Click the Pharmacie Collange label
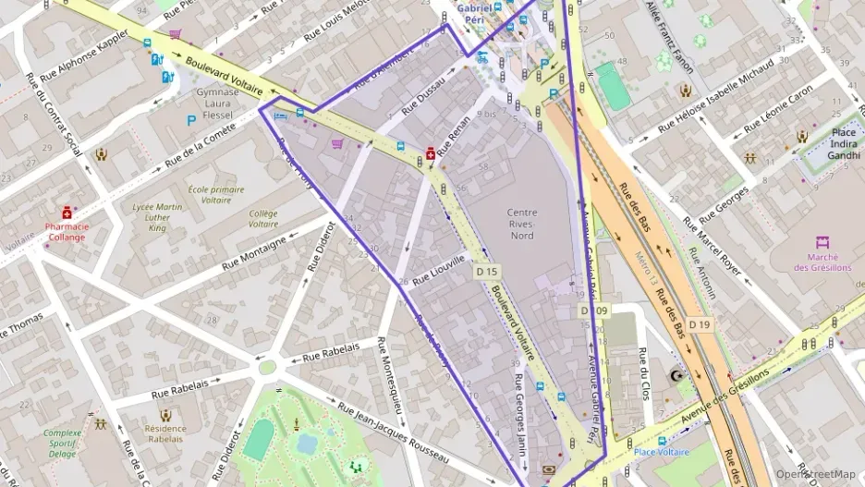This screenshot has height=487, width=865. [x=67, y=231]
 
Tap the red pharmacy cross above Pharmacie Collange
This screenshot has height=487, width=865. [x=67, y=213]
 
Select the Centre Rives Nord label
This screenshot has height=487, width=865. [x=522, y=224]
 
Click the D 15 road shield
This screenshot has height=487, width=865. [x=487, y=273]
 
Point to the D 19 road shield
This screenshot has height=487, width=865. [x=699, y=324]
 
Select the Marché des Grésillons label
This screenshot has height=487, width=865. [x=816, y=262]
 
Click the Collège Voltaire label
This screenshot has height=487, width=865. [x=262, y=218]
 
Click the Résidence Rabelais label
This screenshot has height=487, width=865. [x=165, y=433]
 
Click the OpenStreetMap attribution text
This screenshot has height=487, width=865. [x=815, y=474]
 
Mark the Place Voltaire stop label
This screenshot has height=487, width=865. [x=662, y=452]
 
